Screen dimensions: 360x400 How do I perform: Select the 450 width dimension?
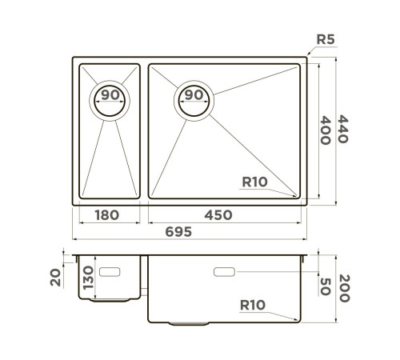click(217, 214)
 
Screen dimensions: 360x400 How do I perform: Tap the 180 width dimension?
click(106, 214)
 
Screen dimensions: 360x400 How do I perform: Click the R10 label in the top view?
click(254, 182)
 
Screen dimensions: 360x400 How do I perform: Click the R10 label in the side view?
click(253, 305)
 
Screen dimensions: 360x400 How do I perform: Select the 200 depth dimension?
click(343, 286)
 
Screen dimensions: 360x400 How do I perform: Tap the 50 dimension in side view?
click(324, 286)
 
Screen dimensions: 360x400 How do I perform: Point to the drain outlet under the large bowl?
click(189, 323)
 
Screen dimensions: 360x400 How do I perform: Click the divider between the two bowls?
click(143, 130)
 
